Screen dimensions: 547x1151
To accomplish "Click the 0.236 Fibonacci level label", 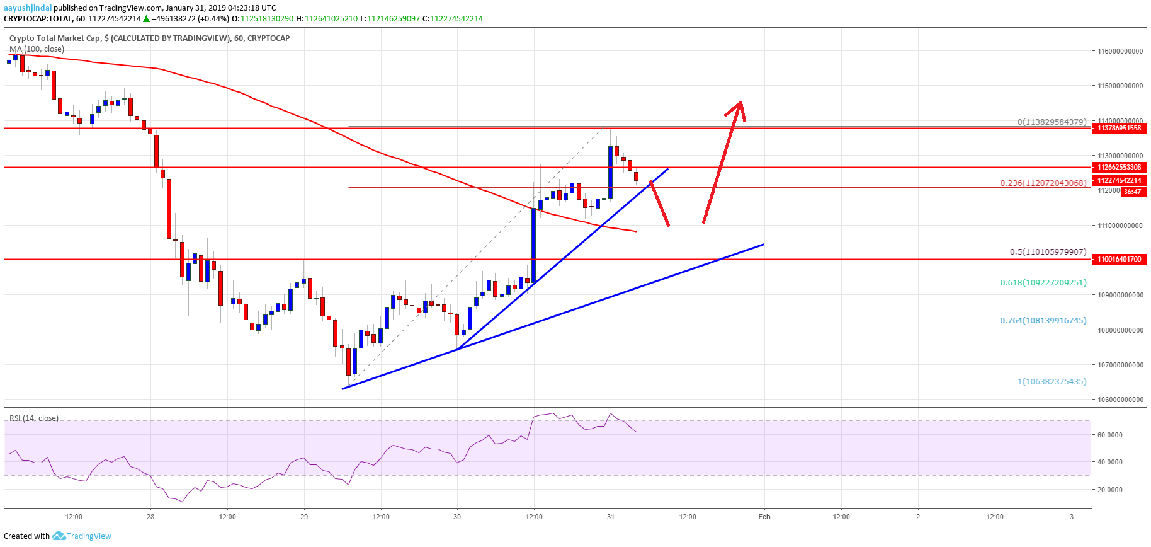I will tap(1043, 183).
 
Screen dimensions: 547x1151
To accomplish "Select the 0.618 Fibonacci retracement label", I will tap(1043, 283).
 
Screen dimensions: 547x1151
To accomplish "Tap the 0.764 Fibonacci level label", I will tap(1043, 321).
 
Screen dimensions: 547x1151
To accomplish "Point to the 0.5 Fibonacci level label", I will tap(1048, 252).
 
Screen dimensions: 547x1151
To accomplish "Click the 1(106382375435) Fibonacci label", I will tap(1052, 382).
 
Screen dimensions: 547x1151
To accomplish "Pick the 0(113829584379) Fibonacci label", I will tap(1052, 122).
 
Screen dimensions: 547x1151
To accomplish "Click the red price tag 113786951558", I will tap(1119, 129).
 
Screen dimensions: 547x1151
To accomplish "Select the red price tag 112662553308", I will tap(1119, 168).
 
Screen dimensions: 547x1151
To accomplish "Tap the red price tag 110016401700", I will tap(1119, 259).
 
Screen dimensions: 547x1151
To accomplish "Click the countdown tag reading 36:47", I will tap(1132, 192).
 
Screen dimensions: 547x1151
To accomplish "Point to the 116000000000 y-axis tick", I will tap(1120, 51).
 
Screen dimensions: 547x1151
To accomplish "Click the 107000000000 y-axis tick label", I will tap(1120, 365).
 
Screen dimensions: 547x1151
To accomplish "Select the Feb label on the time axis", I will tap(764, 517).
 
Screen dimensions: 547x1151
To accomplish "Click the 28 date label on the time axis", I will tap(150, 517).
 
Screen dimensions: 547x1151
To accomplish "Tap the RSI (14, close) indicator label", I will tap(34, 418).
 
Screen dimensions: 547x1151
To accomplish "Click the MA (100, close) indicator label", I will tap(37, 49).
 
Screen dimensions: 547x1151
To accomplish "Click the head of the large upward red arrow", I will tap(740, 104).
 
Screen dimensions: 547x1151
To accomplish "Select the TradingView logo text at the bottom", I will tap(89, 536).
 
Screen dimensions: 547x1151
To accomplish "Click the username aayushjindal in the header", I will tap(28, 8).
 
